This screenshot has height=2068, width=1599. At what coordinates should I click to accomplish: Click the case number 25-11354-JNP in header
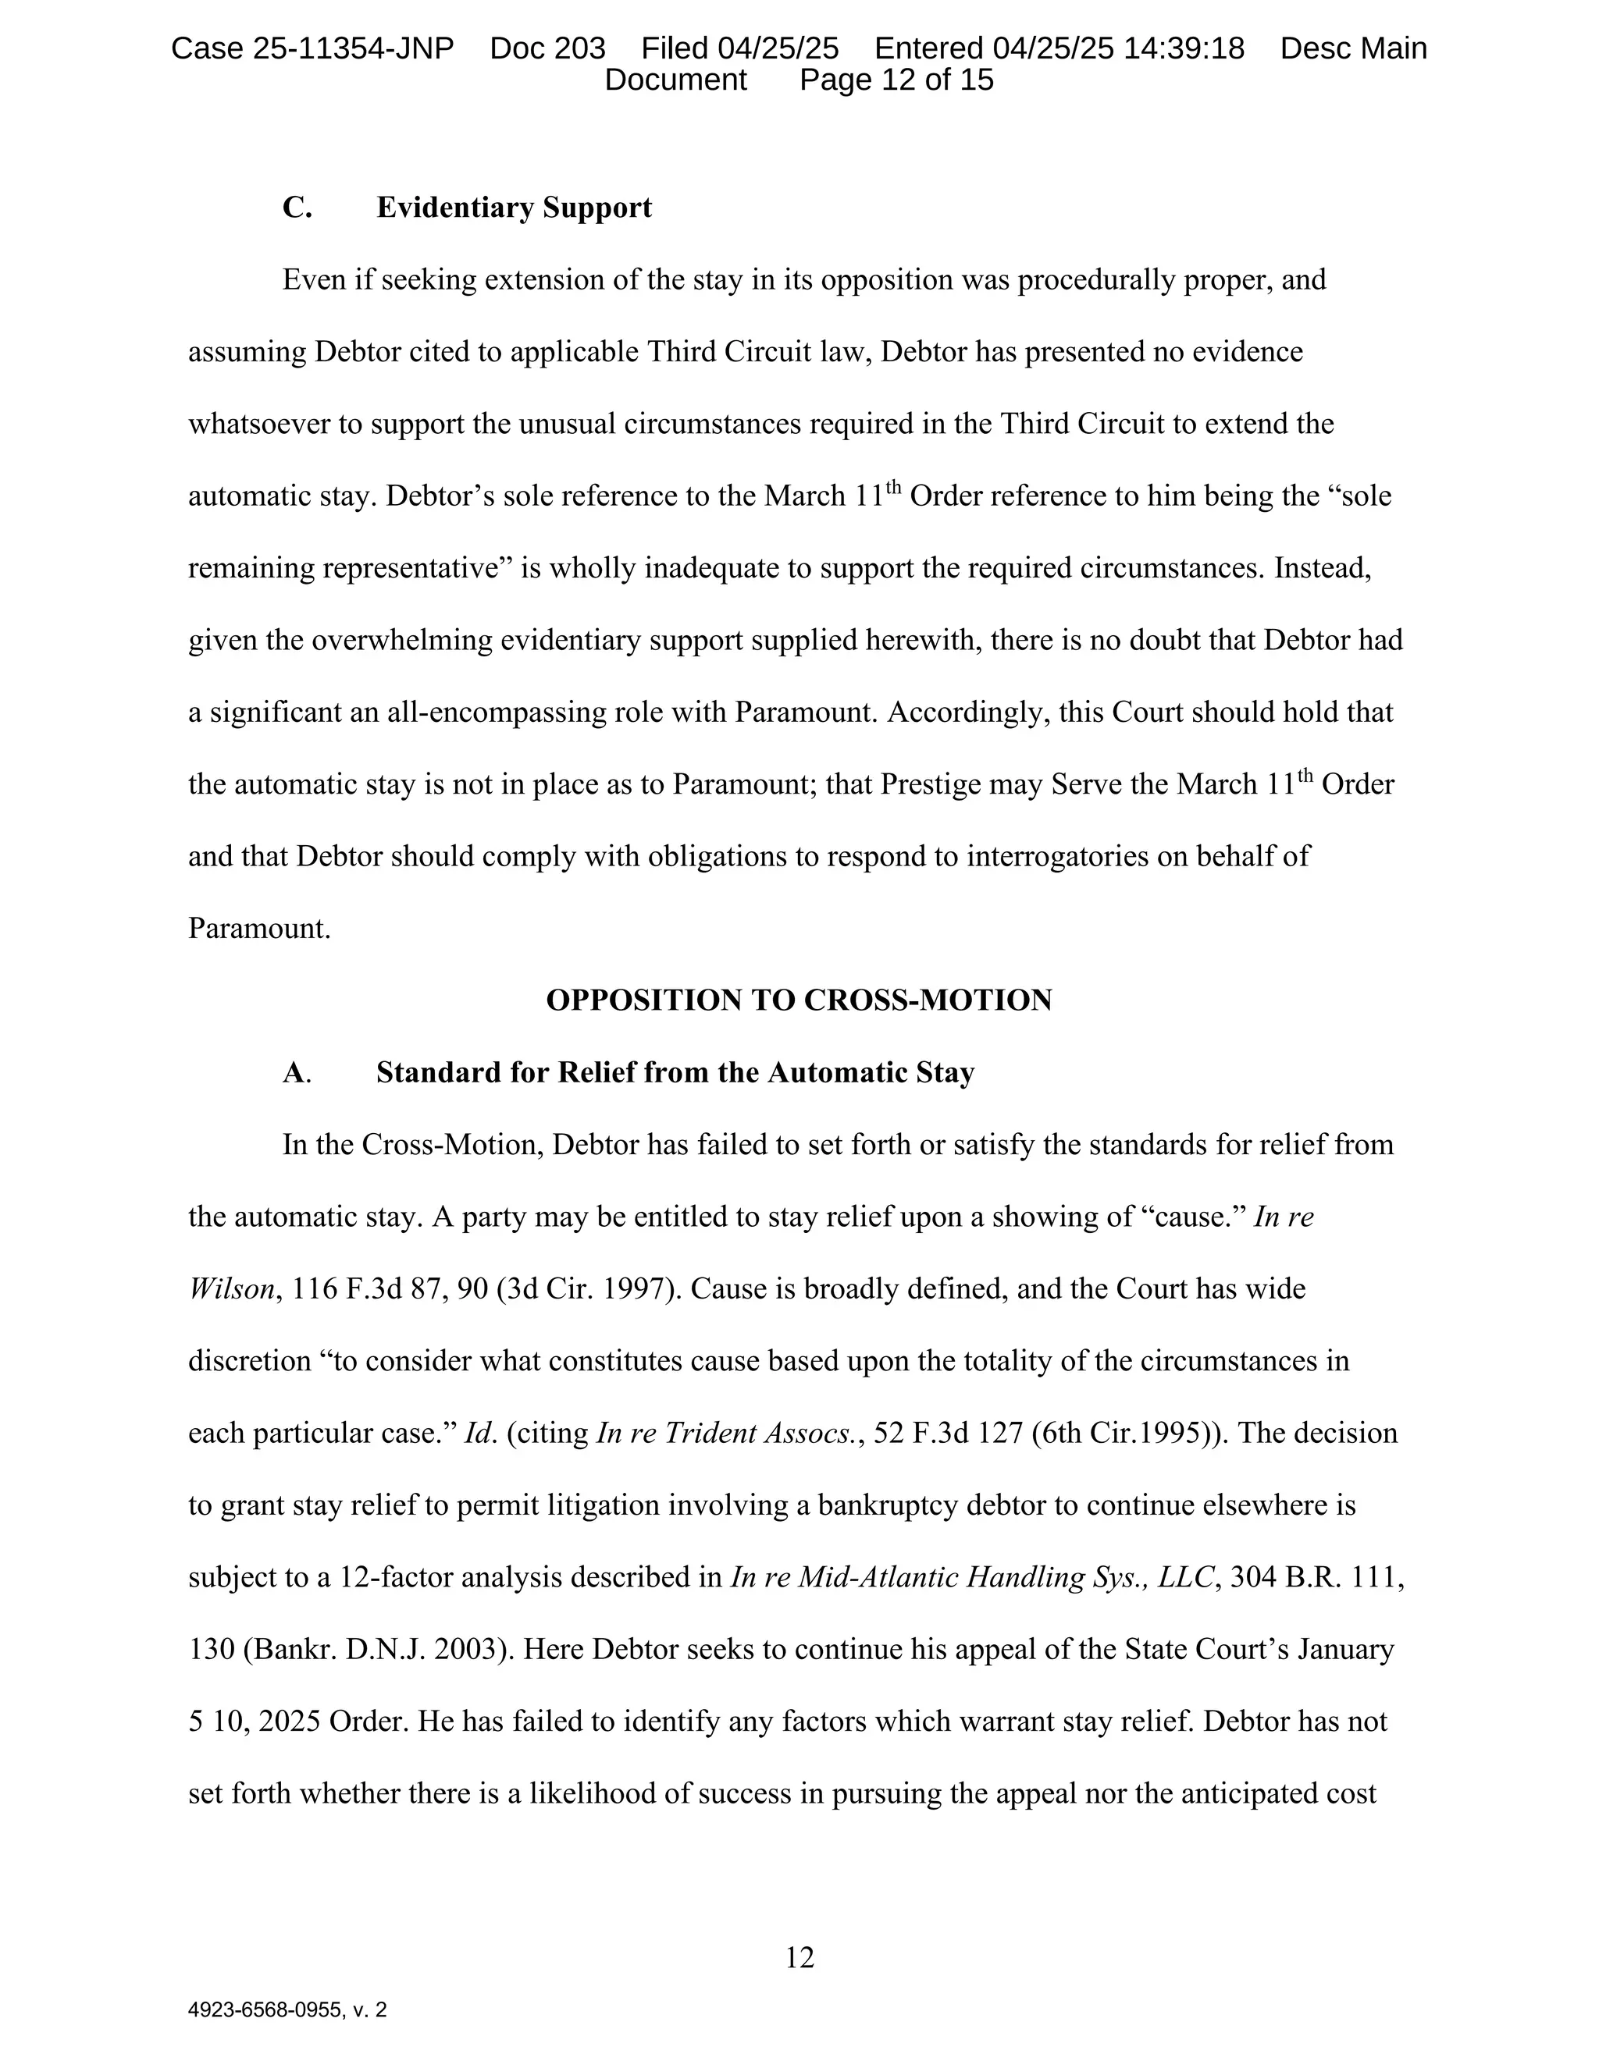[x=352, y=48]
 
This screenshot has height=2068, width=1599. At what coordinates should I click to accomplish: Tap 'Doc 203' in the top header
[x=547, y=48]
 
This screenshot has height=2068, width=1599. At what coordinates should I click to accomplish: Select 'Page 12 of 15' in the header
[x=896, y=80]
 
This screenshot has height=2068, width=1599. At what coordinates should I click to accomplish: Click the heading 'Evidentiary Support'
[x=514, y=208]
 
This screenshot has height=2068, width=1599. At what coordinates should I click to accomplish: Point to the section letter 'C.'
[x=297, y=208]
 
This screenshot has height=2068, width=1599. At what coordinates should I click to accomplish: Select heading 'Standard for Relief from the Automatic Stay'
[x=675, y=1072]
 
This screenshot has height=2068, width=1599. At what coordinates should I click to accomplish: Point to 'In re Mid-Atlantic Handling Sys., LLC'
[x=973, y=1576]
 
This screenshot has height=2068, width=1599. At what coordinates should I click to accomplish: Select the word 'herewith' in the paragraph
[x=923, y=640]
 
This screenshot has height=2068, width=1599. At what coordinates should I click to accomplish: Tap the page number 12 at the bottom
[x=799, y=1957]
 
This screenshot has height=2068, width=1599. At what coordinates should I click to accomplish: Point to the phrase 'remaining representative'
[x=345, y=568]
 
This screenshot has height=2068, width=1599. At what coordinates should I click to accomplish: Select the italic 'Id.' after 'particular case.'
[x=480, y=1433]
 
